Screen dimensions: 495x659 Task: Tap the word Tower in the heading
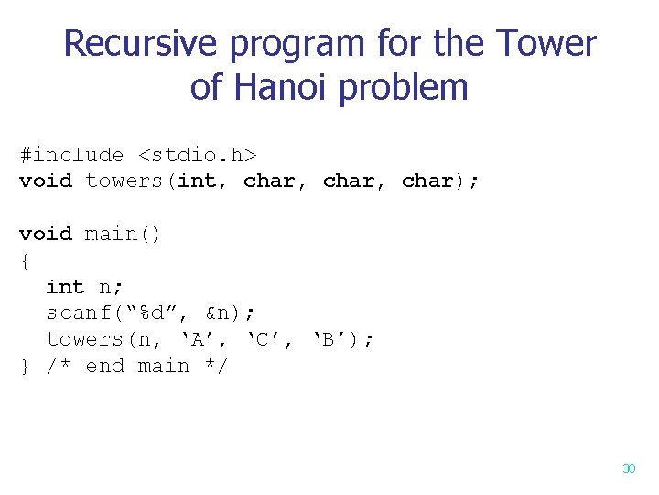[x=546, y=43]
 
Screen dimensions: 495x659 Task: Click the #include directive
[x=71, y=155]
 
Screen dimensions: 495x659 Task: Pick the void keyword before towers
[x=46, y=181]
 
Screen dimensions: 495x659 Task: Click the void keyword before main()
[x=46, y=234]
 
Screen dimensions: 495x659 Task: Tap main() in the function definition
[x=124, y=234]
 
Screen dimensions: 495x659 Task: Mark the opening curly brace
[x=25, y=260]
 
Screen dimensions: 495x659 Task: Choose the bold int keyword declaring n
[x=65, y=287]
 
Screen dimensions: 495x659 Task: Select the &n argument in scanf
[x=218, y=313]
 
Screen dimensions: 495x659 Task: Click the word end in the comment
[x=104, y=367]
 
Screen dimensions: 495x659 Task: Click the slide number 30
[x=628, y=468]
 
